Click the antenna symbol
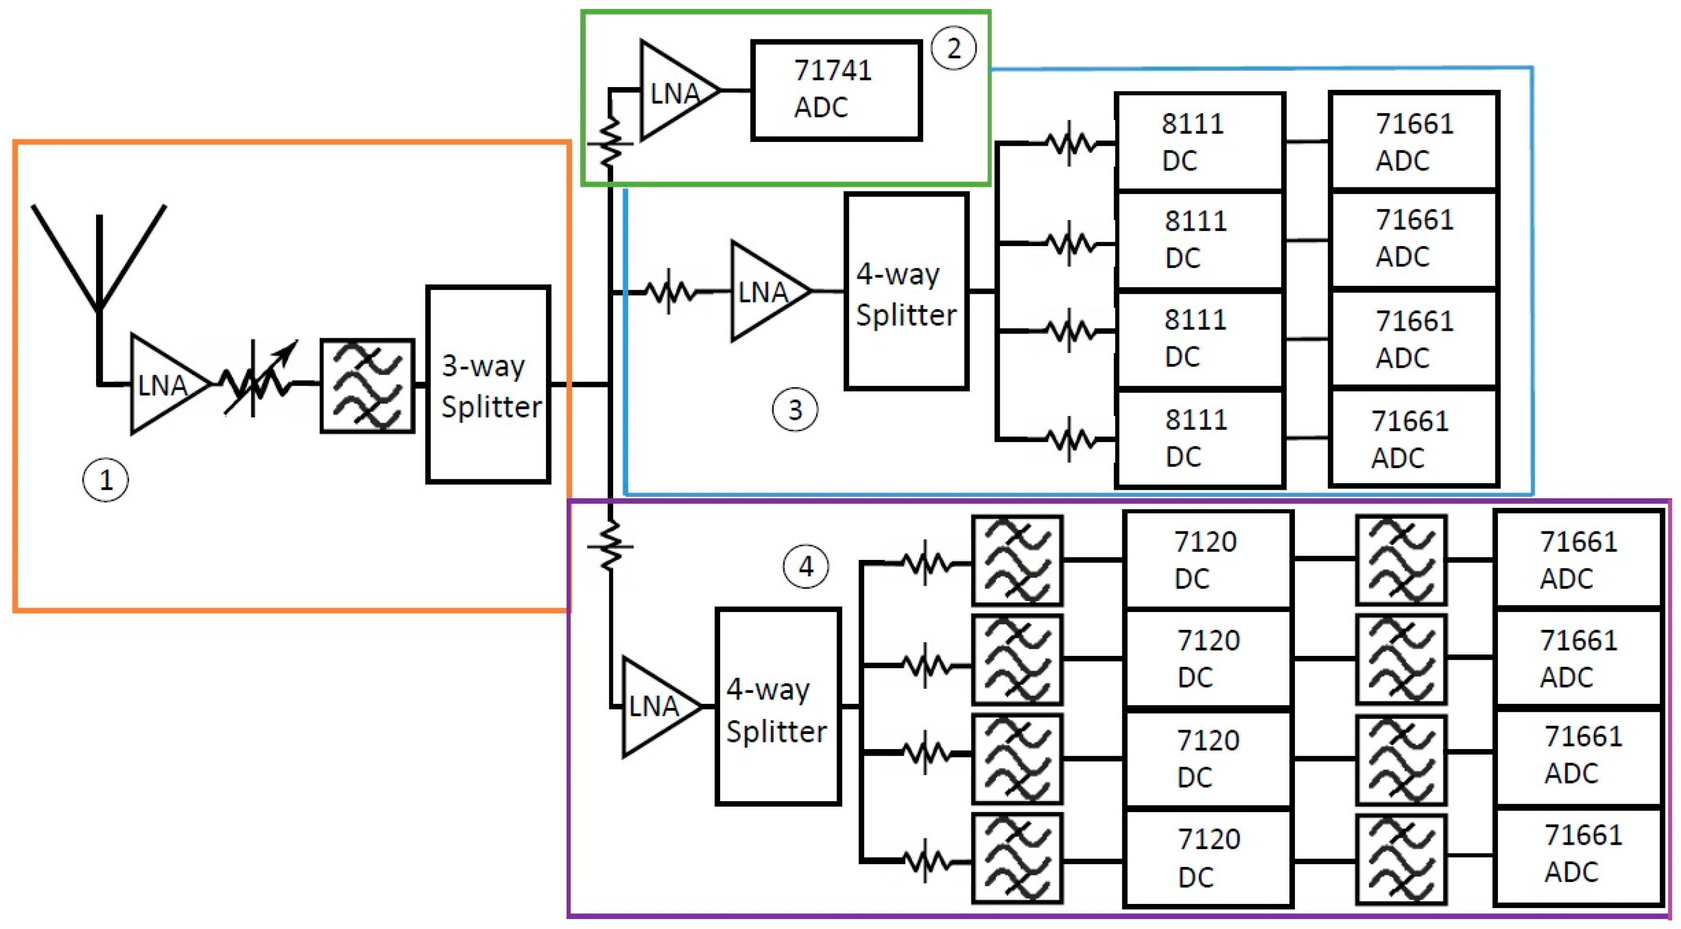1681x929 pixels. (x=99, y=261)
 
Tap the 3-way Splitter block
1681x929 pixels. (x=488, y=385)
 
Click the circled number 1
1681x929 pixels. (x=106, y=480)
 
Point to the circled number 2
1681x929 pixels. (x=953, y=48)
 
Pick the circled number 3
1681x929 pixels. (x=794, y=409)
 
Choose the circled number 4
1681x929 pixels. (x=806, y=566)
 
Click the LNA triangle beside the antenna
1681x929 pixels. (x=163, y=385)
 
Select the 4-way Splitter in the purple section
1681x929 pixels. (x=777, y=707)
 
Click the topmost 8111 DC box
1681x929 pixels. (x=1199, y=142)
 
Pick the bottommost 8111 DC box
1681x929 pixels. (x=1199, y=438)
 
